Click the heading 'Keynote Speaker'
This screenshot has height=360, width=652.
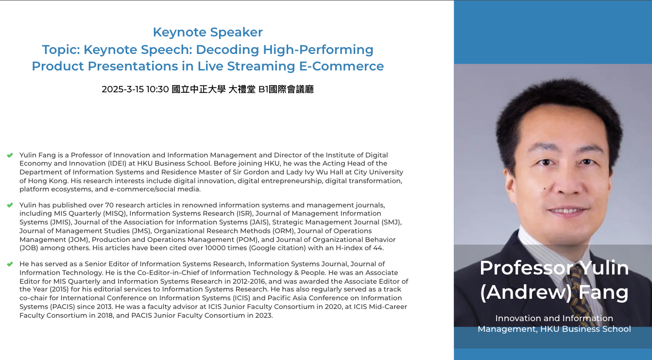point(208,32)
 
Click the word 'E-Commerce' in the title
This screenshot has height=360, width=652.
point(342,66)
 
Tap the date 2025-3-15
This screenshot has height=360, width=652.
point(122,89)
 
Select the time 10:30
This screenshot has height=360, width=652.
point(157,89)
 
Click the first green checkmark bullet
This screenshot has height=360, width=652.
point(10,155)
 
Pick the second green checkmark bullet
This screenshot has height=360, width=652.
point(10,205)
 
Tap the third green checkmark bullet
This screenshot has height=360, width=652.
point(10,264)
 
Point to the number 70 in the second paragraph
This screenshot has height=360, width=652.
point(109,205)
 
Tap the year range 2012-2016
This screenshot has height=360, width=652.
point(249,281)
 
